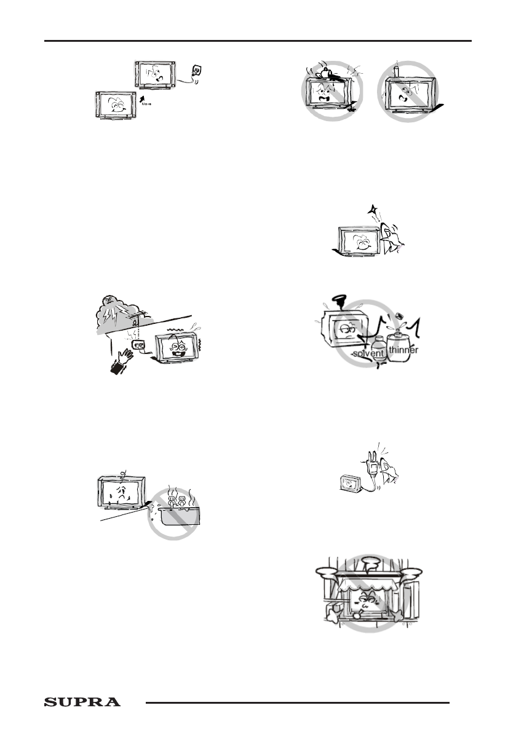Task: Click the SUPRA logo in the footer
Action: coord(82,702)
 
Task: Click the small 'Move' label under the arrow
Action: coord(146,105)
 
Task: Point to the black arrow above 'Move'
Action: coord(144,97)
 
